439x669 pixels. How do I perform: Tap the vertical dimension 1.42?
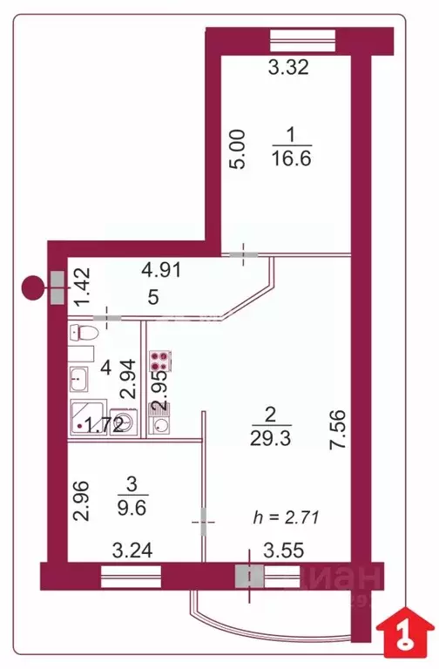click(x=81, y=286)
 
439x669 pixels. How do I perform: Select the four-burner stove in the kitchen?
click(x=161, y=362)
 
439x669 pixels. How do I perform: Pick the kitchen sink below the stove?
click(x=161, y=424)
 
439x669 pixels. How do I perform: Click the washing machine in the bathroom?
click(x=125, y=423)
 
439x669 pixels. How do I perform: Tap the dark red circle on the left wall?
click(x=33, y=287)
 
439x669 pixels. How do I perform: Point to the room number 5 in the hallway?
click(x=153, y=298)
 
